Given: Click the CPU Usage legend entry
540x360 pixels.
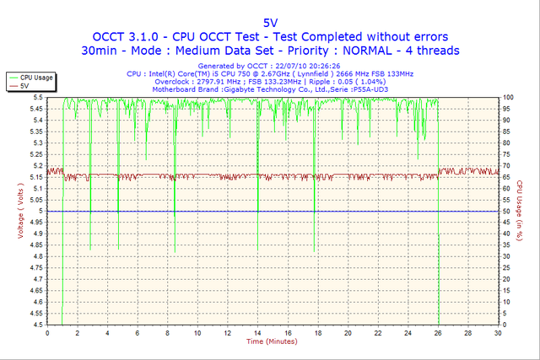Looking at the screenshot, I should click(35, 77).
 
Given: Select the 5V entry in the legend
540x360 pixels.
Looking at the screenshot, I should click(25, 85).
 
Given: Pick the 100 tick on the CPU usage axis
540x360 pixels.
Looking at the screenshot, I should click(508, 98).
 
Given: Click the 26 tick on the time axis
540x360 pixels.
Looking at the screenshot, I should click(439, 333).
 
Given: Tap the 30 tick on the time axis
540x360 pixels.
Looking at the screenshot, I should click(499, 333).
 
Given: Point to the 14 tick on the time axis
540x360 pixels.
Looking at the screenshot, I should click(257, 333).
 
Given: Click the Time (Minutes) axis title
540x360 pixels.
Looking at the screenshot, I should click(270, 341).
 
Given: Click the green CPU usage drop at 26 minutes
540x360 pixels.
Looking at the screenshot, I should click(439, 278).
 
